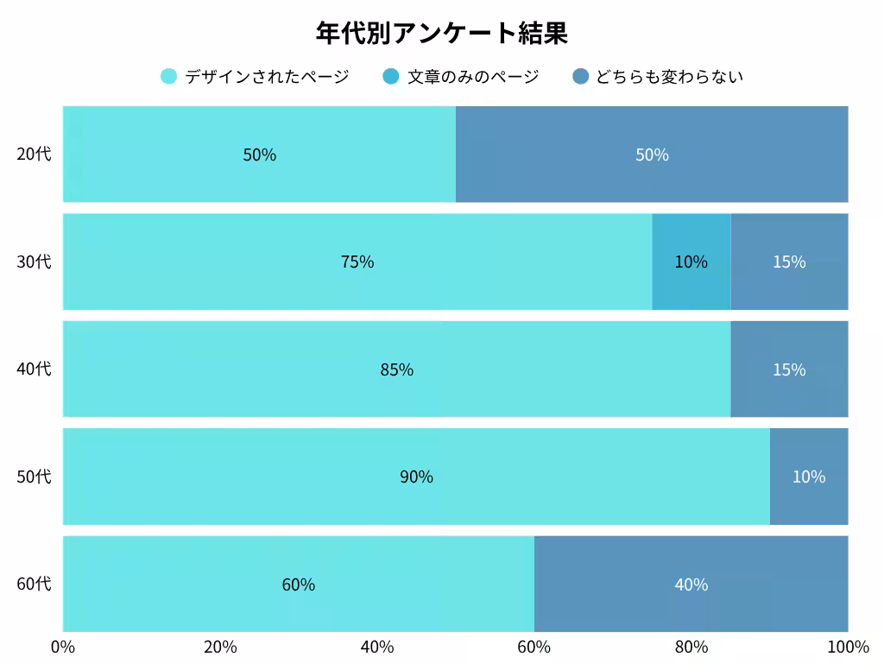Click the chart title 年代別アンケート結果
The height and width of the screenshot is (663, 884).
[x=441, y=34]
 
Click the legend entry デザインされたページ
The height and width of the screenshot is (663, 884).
[x=256, y=77]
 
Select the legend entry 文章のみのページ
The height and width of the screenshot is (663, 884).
[x=461, y=77]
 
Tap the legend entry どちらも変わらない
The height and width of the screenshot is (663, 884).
[x=658, y=77]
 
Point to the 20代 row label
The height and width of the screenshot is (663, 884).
[x=34, y=155]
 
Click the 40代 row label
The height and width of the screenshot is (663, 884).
[x=34, y=369]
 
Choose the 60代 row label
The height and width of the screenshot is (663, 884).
[x=34, y=584]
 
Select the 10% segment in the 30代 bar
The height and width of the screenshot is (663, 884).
[x=691, y=262]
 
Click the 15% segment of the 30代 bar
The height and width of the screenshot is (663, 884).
[x=789, y=262]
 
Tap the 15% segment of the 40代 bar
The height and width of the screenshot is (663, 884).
[x=789, y=369]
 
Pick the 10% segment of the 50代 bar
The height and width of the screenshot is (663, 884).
[x=809, y=477]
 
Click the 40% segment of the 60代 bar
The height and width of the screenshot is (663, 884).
[x=691, y=584]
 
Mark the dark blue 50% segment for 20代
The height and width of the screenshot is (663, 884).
[x=652, y=155]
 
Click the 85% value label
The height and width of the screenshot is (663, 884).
[x=397, y=369]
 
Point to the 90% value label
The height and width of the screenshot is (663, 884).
[x=416, y=477]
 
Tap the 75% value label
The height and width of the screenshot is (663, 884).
[x=357, y=262]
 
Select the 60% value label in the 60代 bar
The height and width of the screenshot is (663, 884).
[x=299, y=584]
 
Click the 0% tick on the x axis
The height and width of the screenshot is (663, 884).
[x=63, y=647]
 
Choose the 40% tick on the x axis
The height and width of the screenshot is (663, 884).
[x=377, y=647]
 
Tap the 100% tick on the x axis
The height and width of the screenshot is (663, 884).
[x=848, y=647]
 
